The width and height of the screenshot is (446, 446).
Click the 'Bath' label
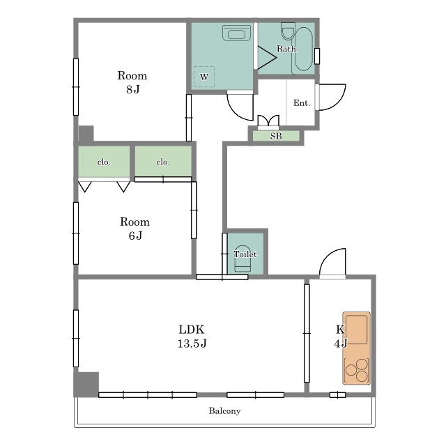point(286,49)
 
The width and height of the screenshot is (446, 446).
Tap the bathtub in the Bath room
point(304,49)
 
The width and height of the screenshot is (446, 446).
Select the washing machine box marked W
point(204,77)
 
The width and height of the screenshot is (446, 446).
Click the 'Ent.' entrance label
point(302,102)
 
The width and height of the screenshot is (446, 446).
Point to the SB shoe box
point(276,136)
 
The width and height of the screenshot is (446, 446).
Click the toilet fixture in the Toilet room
point(243,259)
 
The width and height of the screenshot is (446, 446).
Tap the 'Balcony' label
point(224,410)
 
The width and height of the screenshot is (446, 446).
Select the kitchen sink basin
point(356,330)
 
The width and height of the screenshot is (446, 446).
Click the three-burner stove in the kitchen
point(357,370)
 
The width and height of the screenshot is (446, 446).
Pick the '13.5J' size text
point(192,344)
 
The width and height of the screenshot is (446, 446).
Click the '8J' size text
point(133,89)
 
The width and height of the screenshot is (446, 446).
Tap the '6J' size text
point(135,236)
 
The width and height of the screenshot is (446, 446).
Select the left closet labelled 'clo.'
point(104,162)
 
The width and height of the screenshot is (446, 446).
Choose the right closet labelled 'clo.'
point(163,161)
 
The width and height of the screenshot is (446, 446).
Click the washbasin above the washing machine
point(237,33)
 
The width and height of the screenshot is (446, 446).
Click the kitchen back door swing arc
point(327,256)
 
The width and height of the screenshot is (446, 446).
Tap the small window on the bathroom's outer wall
point(317,56)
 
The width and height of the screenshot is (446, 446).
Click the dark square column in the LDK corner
point(86,384)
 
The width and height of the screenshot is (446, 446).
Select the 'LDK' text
point(192,330)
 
